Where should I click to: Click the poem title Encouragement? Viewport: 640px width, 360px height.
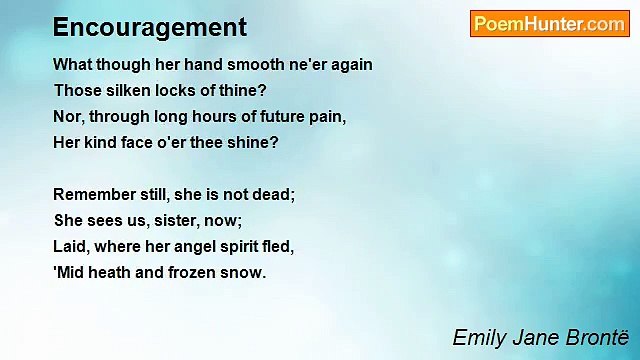(150, 27)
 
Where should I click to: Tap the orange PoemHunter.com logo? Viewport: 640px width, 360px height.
(549, 24)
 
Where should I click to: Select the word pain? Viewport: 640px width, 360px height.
(326, 116)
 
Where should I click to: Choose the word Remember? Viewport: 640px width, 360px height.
(94, 194)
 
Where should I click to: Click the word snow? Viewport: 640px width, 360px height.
(245, 272)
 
